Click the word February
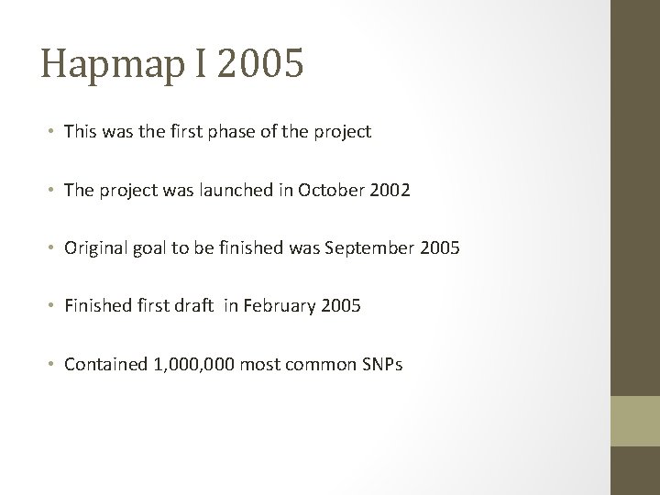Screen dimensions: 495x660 [x=273, y=306]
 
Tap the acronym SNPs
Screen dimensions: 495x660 [x=377, y=364]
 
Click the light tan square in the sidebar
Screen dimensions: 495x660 [x=635, y=420]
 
